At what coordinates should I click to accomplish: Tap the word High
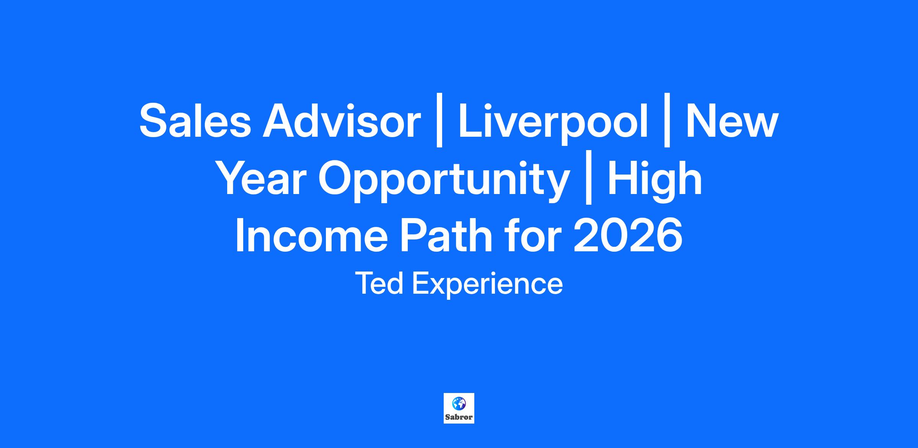pos(655,181)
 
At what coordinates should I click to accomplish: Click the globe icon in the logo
pos(459,403)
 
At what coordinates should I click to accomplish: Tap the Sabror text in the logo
pos(459,417)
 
